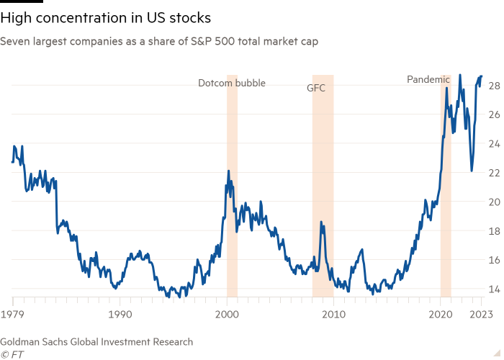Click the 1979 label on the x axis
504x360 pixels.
[12, 315]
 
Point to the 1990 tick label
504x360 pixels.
[120, 315]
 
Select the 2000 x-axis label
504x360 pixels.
[227, 315]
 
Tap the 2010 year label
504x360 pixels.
[333, 315]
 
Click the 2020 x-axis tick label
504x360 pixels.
[441, 315]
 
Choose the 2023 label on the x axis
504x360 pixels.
[482, 315]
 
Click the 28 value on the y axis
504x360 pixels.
[494, 86]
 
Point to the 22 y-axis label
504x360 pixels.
[494, 173]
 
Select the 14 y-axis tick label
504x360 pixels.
[494, 289]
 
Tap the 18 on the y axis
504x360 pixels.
[494, 231]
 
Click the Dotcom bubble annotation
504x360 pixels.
[232, 83]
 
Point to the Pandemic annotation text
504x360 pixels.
[428, 79]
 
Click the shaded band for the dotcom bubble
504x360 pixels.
[232, 216]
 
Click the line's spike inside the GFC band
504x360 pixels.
[322, 224]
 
